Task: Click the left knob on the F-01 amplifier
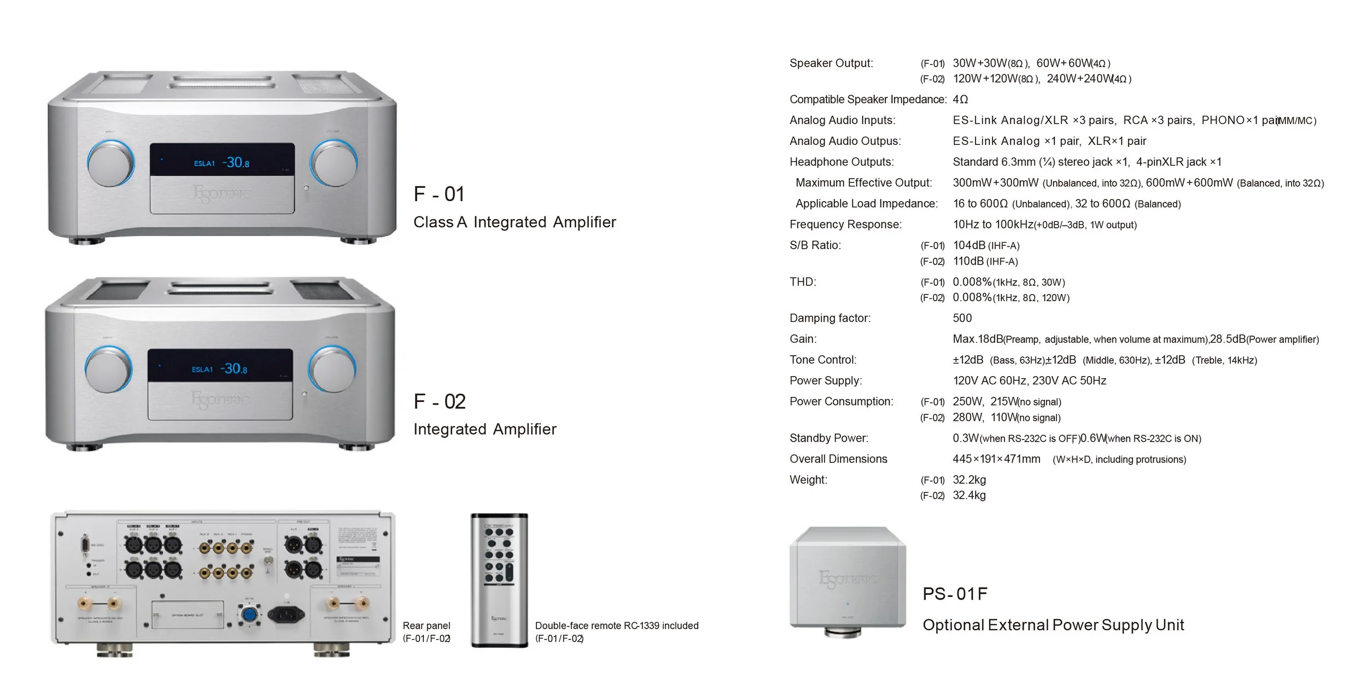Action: coord(111,163)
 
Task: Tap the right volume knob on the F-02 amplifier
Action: coord(332,369)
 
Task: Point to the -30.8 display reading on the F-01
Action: coord(236,162)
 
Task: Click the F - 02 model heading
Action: coord(440,402)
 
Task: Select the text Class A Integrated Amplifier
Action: coord(515,222)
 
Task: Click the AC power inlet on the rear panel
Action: coord(285,615)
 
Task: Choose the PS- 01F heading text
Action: coord(955,594)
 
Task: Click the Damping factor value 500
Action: coord(962,318)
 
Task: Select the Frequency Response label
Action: coord(845,224)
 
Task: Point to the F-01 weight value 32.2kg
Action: coord(969,480)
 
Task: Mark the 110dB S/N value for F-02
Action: coord(968,261)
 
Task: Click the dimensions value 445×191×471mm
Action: coord(996,459)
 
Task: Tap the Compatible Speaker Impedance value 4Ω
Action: coord(960,99)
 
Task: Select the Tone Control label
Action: coord(823,360)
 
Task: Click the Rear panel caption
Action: coord(427,626)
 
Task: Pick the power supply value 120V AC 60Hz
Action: coord(989,380)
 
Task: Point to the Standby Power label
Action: coord(828,438)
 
